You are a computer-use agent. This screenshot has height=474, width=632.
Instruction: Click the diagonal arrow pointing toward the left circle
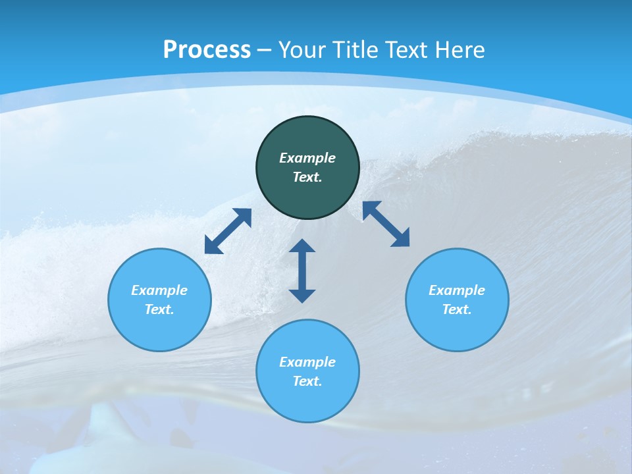(228, 231)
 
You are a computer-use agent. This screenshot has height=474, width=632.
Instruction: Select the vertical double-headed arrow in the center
(302, 271)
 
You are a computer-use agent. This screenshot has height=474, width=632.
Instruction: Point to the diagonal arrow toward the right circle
(386, 224)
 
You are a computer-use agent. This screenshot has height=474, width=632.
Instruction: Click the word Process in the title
(207, 49)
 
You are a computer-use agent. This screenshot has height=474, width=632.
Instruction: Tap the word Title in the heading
(354, 49)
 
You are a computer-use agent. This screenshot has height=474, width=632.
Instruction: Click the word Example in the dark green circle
(307, 158)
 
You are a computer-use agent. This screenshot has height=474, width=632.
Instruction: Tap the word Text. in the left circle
(159, 309)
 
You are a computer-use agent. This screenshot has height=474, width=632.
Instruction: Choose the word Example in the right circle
(457, 290)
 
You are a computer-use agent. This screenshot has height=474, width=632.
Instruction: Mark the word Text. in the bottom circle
(307, 381)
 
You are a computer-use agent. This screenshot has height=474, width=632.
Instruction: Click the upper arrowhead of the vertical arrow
(302, 246)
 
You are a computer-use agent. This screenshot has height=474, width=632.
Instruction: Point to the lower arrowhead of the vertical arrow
(302, 295)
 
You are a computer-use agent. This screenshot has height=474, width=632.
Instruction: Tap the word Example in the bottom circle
(307, 362)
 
